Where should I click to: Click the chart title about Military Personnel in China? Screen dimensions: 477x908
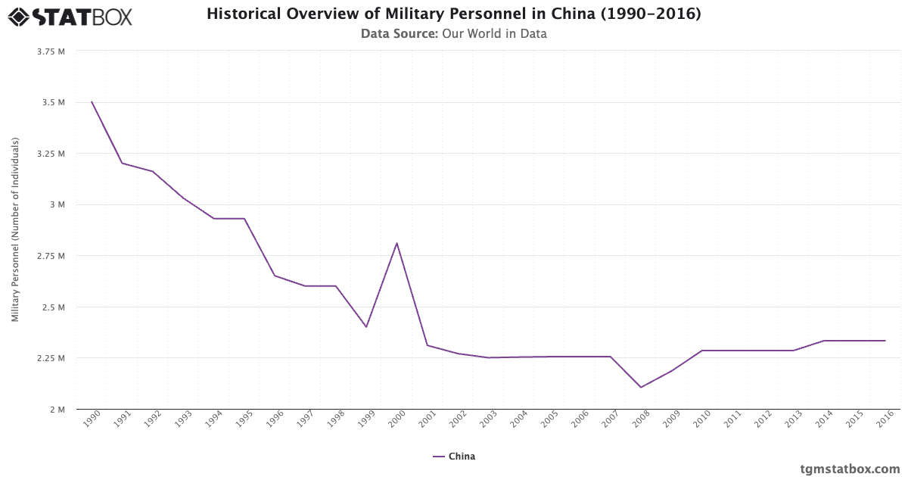pos(453,14)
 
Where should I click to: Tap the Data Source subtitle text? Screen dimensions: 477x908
pos(453,33)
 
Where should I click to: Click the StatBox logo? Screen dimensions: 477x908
pos(70,16)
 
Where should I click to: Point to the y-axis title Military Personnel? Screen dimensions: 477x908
pos(16,229)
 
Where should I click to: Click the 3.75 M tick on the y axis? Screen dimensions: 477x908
pos(51,51)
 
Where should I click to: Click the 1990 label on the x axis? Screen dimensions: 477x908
pos(92,419)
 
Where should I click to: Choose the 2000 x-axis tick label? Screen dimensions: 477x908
pos(396,419)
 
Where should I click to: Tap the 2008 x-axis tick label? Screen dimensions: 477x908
pos(641,419)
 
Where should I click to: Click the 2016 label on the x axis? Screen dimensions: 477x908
pos(885,419)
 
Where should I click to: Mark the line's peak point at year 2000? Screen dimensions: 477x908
pos(396,243)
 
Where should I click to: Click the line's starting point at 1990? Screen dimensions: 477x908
pos(92,101)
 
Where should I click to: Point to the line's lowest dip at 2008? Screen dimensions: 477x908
pos(641,388)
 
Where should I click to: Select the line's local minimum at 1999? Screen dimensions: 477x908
pos(366,327)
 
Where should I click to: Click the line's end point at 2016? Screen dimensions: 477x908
pos(885,341)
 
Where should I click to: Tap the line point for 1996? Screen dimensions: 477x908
pos(275,276)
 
